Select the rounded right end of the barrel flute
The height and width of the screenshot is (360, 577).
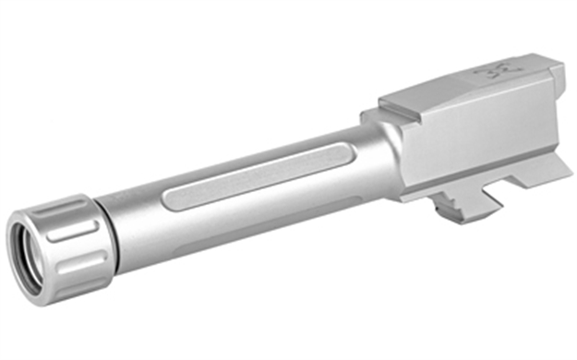pos(346,148)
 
